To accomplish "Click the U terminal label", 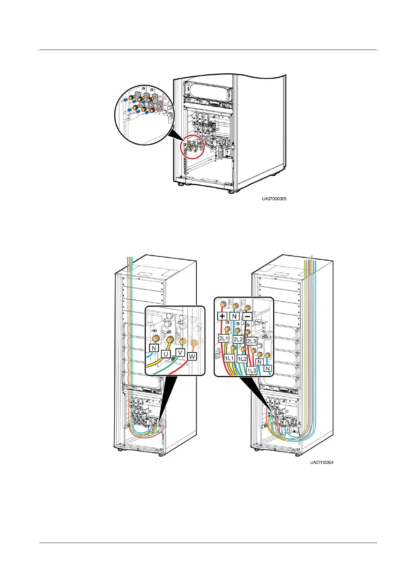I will click(166, 354).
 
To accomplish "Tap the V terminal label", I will click(180, 352).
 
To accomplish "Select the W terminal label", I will click(192, 357).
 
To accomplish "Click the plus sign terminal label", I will click(222, 316).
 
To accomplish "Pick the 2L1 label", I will click(224, 338).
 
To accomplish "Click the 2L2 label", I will click(238, 339).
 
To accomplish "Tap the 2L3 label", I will click(251, 341).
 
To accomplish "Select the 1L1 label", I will click(229, 358).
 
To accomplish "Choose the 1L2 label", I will click(242, 359).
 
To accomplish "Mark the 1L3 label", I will click(251, 370).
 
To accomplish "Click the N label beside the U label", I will click(153, 348).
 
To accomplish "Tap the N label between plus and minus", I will click(234, 316).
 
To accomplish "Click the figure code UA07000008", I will click(274, 199).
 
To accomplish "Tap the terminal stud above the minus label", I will click(247, 308).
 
